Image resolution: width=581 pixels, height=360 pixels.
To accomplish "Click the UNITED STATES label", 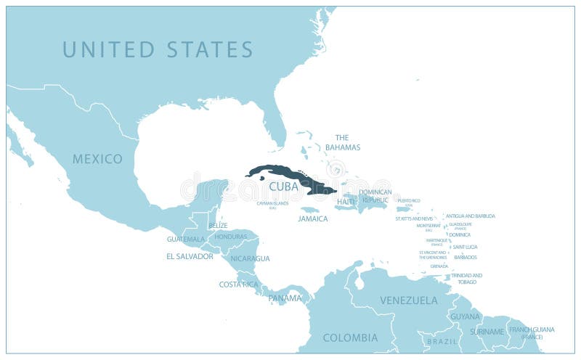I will [x=158, y=49].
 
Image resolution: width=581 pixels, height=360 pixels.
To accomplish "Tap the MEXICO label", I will [x=97, y=159].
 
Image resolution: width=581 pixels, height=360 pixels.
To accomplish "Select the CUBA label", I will [x=283, y=187].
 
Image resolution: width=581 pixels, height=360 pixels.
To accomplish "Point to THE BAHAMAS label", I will [x=342, y=142].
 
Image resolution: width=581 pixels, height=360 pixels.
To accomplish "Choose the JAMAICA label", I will [x=313, y=218].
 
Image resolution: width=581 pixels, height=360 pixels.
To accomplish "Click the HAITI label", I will [x=346, y=201].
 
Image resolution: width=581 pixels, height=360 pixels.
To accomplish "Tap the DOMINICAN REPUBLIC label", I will [x=375, y=196].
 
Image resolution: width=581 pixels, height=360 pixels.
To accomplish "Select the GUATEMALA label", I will [x=185, y=239].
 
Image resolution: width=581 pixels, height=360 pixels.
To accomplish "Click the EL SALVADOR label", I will [x=190, y=256].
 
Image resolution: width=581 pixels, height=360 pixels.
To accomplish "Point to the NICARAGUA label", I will [x=250, y=258].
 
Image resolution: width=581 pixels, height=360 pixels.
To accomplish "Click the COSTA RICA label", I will [x=238, y=285].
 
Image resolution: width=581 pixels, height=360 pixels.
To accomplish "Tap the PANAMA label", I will [x=285, y=298].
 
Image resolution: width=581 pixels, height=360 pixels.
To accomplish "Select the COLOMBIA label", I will [x=350, y=337].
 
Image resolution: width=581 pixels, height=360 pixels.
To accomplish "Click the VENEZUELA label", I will [x=409, y=300].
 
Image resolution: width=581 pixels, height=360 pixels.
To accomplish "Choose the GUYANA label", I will [x=465, y=317].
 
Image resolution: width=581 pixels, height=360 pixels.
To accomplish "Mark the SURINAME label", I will [x=487, y=332].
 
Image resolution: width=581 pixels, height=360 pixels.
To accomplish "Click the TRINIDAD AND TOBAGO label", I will [x=466, y=279].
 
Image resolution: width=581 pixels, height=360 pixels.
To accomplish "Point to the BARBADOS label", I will [x=466, y=257].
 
